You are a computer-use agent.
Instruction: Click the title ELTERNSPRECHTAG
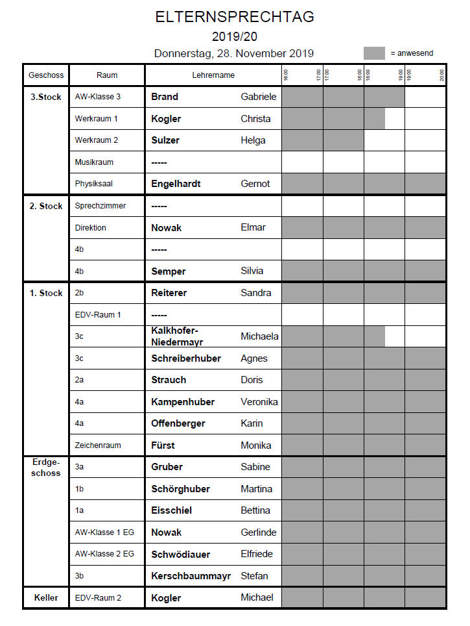point(235,17)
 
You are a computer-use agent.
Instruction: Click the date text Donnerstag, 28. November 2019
point(234,53)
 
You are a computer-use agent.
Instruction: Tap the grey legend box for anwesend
point(374,53)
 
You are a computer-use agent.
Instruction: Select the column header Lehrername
point(213,75)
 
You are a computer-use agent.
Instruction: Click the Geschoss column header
point(45,75)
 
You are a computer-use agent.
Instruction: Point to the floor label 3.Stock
point(45,97)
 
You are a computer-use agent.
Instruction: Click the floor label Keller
point(45,597)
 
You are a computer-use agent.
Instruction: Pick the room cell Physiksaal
point(94,184)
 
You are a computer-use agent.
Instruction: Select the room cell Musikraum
point(94,162)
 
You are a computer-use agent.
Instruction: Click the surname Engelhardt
point(176,184)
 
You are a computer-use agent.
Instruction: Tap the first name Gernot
point(255,184)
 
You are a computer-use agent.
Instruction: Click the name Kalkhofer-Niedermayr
point(179,336)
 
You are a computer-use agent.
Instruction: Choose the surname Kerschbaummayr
point(191,576)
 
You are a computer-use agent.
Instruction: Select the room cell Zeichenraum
point(98,445)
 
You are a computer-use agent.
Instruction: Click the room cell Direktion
point(91,228)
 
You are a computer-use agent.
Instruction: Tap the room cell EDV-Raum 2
point(98,597)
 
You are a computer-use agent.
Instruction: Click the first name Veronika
point(259,402)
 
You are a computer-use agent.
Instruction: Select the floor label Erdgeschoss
point(45,468)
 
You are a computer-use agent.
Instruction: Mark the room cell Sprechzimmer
point(100,206)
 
